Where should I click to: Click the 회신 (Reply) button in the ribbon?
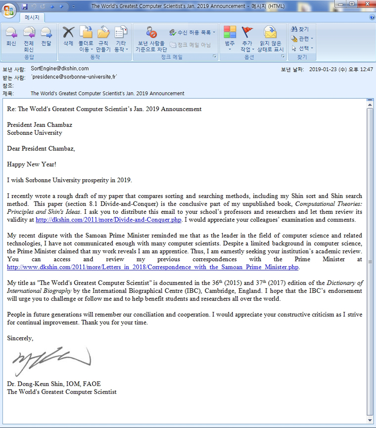tap(11, 37)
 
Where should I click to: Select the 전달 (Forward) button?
tap(46, 37)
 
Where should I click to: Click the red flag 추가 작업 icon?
tap(247, 33)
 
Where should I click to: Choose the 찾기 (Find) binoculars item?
tap(300, 29)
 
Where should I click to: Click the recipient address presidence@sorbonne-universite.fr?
tap(74, 77)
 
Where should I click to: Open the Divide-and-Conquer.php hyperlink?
tap(108, 220)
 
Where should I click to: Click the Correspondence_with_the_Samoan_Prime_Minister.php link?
tap(153, 267)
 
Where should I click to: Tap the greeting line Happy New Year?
tap(32, 164)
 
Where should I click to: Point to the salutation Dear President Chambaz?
tap(41, 148)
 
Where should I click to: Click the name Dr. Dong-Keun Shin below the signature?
tap(37, 384)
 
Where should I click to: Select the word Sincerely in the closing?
tap(20, 338)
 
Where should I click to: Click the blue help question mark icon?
tap(372, 17)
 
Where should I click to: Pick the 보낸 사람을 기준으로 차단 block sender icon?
tap(151, 33)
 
